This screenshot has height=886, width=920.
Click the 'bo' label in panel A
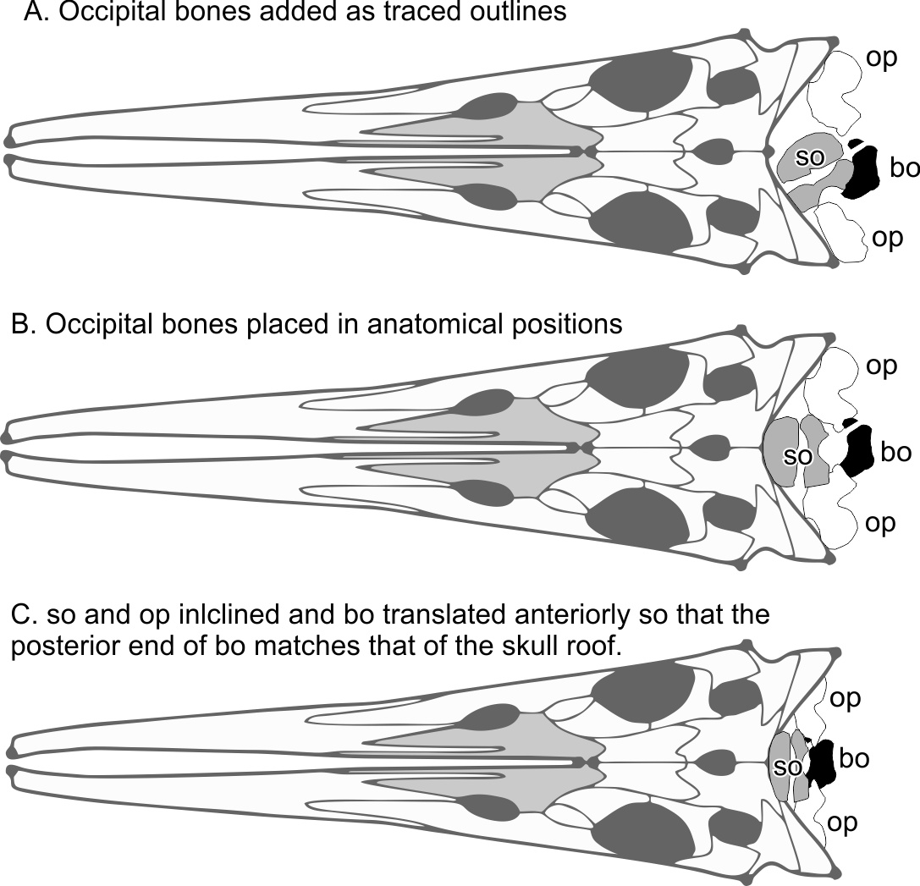click(904, 168)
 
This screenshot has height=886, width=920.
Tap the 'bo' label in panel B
click(895, 452)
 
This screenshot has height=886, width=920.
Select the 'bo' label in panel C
click(854, 758)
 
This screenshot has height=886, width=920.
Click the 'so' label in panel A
click(811, 157)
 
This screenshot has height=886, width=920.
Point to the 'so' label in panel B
click(797, 457)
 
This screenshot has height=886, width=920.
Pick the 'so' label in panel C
click(788, 768)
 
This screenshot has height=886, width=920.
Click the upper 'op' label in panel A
click(881, 58)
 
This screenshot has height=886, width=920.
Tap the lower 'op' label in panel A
click(887, 238)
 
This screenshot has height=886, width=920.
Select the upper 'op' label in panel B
click(881, 366)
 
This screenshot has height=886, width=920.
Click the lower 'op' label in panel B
click(880, 523)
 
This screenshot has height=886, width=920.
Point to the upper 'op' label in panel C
click(845, 698)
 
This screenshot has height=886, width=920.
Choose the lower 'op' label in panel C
click(842, 822)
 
